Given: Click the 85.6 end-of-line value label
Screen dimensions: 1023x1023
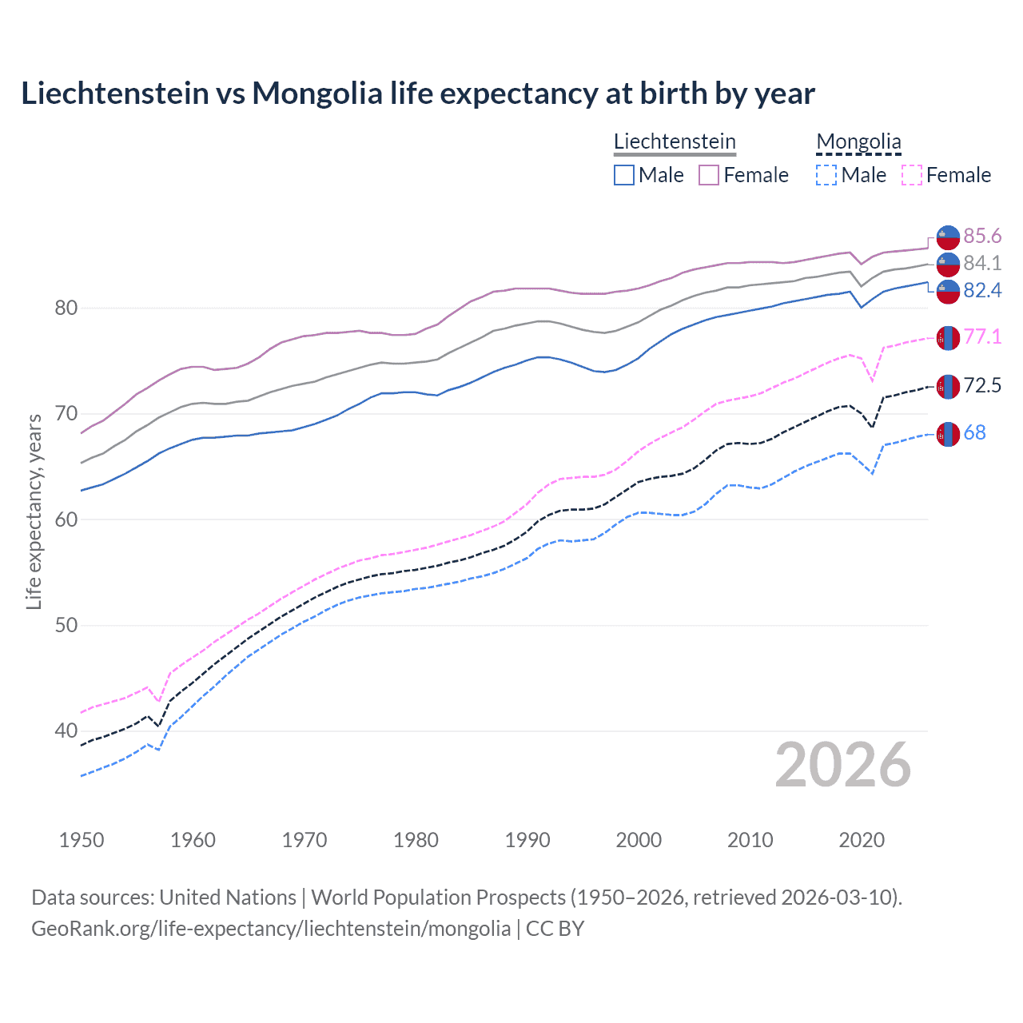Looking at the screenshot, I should [982, 236].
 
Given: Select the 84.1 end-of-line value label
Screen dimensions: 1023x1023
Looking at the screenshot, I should [982, 263].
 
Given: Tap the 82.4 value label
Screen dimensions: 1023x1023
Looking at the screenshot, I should [982, 290].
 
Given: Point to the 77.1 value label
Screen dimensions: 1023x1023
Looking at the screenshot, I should [982, 336].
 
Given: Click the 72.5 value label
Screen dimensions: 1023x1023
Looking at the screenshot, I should [982, 386].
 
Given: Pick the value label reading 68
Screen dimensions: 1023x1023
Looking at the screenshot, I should [974, 432].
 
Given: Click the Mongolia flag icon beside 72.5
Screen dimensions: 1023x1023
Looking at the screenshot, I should [948, 386].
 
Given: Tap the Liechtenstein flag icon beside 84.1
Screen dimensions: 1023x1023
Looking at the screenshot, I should [948, 263].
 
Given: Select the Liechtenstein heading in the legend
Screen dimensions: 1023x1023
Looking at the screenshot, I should [675, 141].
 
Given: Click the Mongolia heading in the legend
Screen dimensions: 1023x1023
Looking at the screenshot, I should [858, 141].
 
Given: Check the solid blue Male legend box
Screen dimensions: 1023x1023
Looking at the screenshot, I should [624, 175].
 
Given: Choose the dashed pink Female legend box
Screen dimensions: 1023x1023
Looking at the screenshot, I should [911, 175].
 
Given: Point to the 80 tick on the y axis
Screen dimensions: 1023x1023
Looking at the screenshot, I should [66, 308].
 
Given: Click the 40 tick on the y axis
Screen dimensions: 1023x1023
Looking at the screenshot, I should [66, 730].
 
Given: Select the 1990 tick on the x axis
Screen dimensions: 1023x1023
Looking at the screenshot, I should [527, 840].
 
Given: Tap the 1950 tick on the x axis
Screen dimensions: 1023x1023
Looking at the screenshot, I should [82, 840].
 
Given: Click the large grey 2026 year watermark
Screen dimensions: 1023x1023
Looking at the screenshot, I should [842, 765].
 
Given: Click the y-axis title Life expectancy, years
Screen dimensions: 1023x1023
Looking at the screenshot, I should [34, 511].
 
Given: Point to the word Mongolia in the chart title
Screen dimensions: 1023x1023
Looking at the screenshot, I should [317, 94].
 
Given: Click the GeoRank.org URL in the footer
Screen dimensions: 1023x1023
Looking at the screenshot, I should [271, 928].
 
